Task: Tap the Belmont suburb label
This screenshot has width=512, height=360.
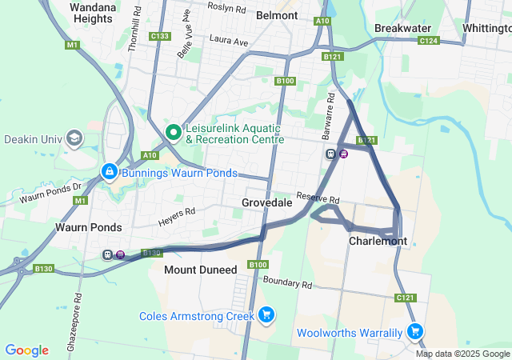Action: (277, 14)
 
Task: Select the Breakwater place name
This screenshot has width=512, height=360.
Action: (403, 27)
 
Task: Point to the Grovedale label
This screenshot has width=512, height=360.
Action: (266, 203)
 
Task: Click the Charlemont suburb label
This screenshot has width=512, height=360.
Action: (378, 241)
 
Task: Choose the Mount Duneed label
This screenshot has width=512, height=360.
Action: (200, 270)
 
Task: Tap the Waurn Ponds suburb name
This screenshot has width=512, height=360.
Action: (88, 227)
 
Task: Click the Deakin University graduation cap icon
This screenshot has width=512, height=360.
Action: (74, 139)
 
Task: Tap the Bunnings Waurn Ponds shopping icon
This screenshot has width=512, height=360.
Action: (109, 172)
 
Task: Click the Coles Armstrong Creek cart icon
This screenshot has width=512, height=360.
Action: (267, 315)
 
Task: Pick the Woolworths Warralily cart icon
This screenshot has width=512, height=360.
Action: (414, 331)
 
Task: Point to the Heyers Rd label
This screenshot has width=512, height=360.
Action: (177, 213)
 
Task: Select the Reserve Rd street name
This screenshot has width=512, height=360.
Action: (318, 198)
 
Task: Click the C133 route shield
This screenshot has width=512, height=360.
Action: (159, 36)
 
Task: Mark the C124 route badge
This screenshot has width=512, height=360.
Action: (428, 40)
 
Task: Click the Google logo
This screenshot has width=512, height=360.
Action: (26, 350)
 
